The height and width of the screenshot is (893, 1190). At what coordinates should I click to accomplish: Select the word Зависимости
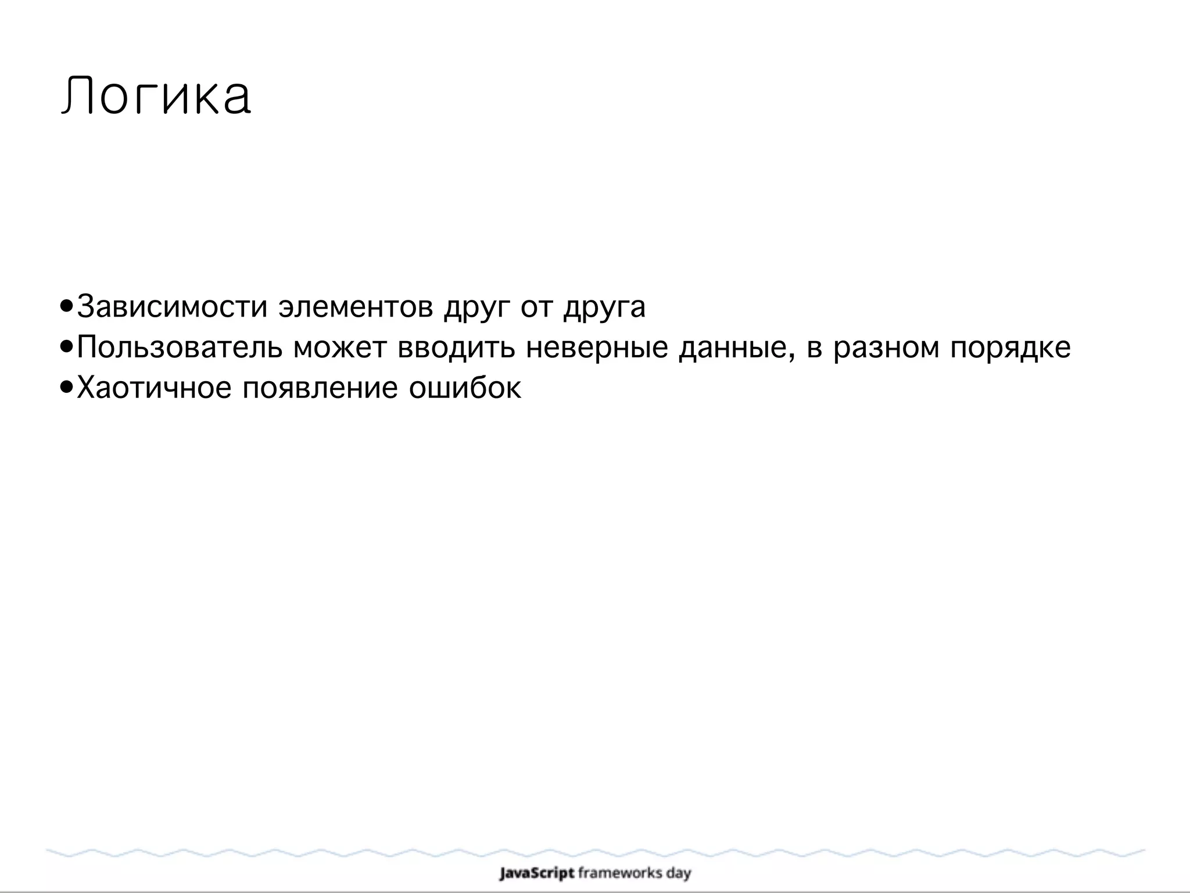pyautogui.click(x=172, y=307)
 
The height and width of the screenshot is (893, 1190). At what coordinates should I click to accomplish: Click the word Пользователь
pyautogui.click(x=180, y=347)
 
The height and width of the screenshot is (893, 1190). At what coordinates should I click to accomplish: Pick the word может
pyautogui.click(x=340, y=347)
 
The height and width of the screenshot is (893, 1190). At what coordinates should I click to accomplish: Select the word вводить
pyautogui.click(x=456, y=347)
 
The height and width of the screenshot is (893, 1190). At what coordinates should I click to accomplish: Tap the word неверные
pyautogui.click(x=597, y=347)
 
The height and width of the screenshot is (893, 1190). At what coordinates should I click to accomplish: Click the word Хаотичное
pyautogui.click(x=154, y=388)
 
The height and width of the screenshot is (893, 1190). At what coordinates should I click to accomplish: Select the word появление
pyautogui.click(x=320, y=388)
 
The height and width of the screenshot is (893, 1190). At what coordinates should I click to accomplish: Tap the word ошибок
pyautogui.click(x=465, y=388)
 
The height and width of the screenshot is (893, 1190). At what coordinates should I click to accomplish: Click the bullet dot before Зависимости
pyautogui.click(x=67, y=306)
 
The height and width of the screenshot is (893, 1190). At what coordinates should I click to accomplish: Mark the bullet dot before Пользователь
pyautogui.click(x=67, y=347)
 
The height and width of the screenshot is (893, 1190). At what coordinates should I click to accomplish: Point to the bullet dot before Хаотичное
pyautogui.click(x=67, y=387)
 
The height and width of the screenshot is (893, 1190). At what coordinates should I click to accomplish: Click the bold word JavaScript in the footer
pyautogui.click(x=537, y=873)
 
